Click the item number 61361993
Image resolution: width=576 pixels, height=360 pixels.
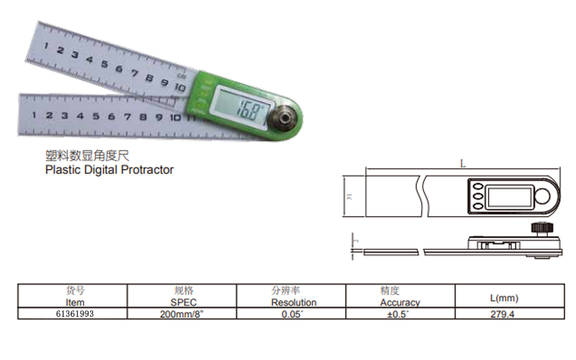click(x=75, y=314)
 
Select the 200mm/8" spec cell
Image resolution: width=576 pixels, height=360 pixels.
click(x=181, y=314)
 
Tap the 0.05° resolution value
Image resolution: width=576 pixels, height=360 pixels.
click(x=292, y=314)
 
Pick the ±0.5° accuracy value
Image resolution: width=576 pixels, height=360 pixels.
click(x=398, y=314)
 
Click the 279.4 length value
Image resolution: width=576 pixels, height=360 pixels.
click(x=502, y=314)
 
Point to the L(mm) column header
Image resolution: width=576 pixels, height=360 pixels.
click(x=504, y=298)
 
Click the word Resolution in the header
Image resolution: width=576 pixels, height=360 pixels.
click(x=294, y=302)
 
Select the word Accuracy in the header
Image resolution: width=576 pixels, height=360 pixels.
click(x=400, y=302)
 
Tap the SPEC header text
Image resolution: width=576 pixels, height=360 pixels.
click(x=184, y=302)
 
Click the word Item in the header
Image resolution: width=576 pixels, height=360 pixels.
click(x=75, y=302)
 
